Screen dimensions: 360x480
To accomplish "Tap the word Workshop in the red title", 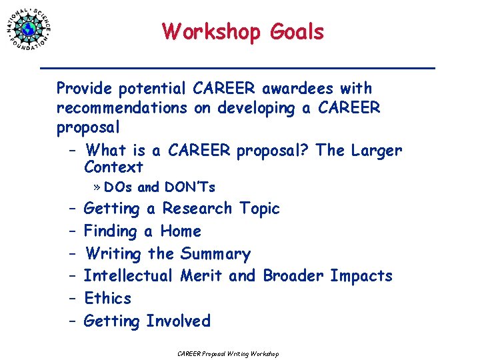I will coord(211,31).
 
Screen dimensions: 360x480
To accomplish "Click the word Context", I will coord(113,167).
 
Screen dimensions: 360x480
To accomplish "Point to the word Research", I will coord(197,209).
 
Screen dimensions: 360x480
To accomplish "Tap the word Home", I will coord(180,231).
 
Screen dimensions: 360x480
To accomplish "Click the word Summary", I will coord(215,254).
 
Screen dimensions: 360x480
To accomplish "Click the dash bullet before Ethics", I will coord(71,299).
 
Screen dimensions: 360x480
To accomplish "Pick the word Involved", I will coord(178,321).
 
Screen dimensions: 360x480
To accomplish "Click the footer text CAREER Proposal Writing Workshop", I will coord(228,353).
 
